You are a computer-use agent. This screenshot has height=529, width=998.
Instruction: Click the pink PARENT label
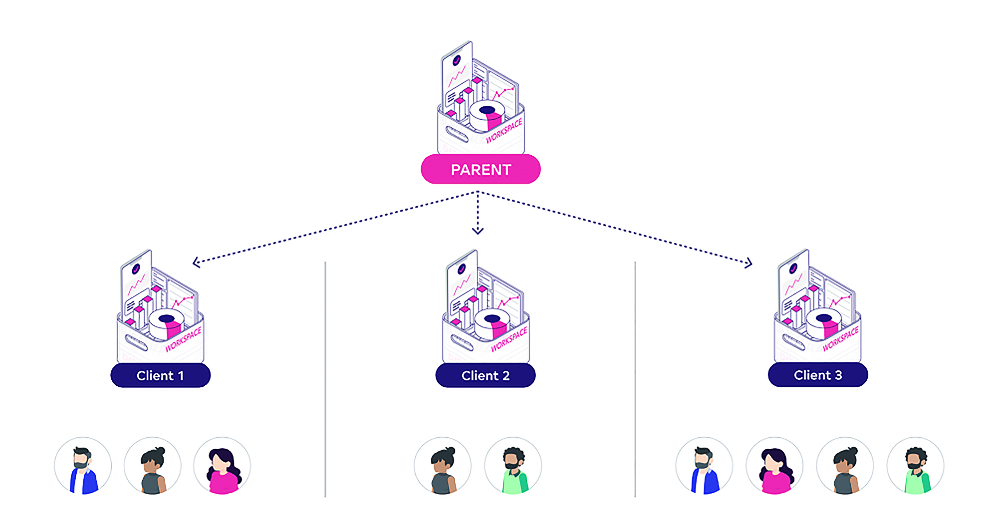coord(481,169)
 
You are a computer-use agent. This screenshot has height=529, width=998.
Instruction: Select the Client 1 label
coord(160,375)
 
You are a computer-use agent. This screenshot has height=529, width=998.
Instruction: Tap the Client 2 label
coord(485,375)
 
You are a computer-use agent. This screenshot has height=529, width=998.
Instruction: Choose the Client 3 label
coord(817,375)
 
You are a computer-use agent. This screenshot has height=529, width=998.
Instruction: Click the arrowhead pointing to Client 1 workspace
coord(196,262)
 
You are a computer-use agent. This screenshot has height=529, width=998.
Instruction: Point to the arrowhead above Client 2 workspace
coord(478,231)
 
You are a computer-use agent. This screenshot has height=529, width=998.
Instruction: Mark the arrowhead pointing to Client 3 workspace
coord(749,263)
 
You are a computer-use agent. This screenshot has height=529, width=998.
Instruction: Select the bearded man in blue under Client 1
coord(83,466)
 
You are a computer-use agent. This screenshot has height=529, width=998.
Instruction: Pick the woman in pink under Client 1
coord(223,466)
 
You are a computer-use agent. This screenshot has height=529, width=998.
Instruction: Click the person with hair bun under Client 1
coord(153,466)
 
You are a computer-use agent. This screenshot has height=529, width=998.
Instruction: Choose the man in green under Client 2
coord(513,466)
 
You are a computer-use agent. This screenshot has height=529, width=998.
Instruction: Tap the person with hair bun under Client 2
coord(443,466)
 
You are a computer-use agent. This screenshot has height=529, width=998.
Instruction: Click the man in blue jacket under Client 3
coord(704,466)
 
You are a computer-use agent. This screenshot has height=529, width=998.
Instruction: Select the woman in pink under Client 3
coord(774,466)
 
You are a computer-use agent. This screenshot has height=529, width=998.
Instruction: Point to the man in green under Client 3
coord(915,466)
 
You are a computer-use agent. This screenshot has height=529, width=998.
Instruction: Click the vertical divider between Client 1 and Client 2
coord(325,379)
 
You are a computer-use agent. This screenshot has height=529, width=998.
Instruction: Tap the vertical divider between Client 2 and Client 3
coord(635,379)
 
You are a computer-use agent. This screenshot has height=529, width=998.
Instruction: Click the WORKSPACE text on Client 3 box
coord(841,339)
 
